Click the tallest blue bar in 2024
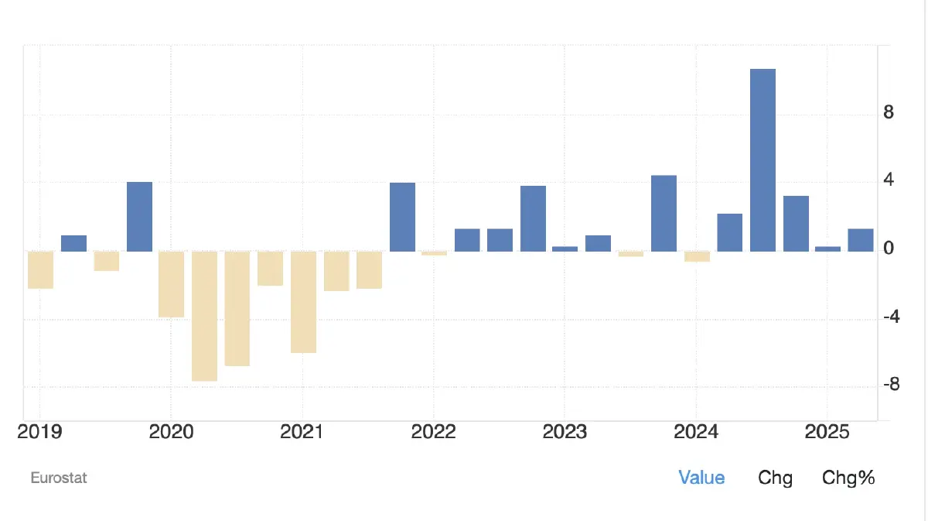(x=763, y=160)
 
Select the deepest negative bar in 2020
(x=204, y=316)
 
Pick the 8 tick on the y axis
(x=889, y=113)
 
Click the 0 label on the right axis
(x=889, y=249)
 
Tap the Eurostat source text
(x=59, y=478)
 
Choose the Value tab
(x=701, y=478)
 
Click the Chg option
(x=775, y=478)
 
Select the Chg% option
(x=848, y=478)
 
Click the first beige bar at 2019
(x=40, y=269)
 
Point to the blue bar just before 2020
(x=139, y=217)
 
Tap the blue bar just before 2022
(x=402, y=217)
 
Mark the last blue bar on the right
(x=860, y=240)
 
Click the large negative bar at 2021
(x=303, y=302)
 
